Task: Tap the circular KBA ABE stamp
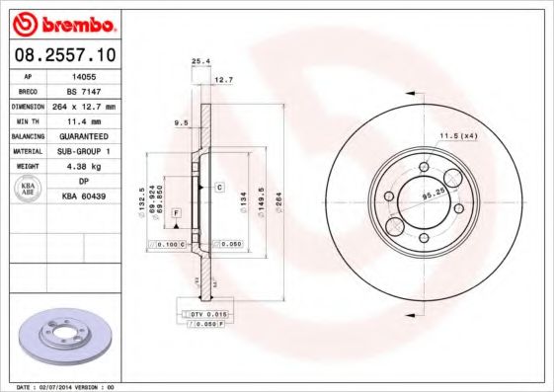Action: point(27,189)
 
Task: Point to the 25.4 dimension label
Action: point(199,61)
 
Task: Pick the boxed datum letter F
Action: point(175,213)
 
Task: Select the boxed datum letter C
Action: point(219,186)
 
